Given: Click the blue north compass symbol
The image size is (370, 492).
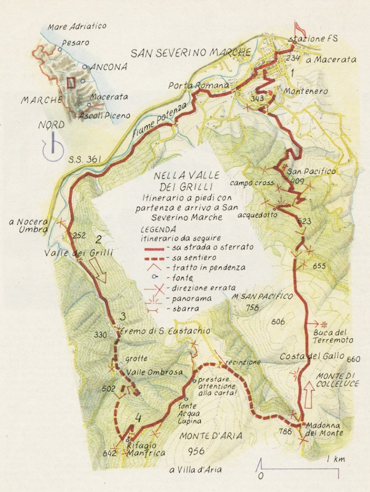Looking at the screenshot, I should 52,147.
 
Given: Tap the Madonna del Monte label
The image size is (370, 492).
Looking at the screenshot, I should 325,428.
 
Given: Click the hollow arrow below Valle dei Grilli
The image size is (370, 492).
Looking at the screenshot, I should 100,273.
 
